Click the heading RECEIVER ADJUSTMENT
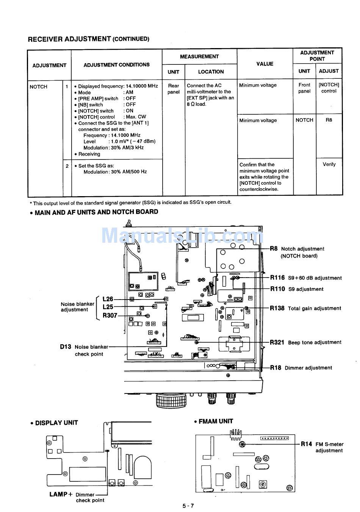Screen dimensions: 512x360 (69, 39)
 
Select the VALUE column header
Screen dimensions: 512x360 (265, 64)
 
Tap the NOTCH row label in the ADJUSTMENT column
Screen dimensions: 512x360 (39, 87)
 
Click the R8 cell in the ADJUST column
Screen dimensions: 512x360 (329, 120)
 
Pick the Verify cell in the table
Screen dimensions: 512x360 (329, 164)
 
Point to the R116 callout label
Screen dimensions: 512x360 (277, 278)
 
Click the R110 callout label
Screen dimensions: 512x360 (277, 289)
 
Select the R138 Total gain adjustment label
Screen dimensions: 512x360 (305, 308)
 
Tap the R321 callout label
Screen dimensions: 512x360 (277, 342)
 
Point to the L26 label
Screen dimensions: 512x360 (108, 299)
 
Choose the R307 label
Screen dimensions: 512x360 (110, 315)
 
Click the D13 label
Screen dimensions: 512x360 (65, 347)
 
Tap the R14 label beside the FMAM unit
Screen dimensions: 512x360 (307, 444)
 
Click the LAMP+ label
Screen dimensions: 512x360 (61, 494)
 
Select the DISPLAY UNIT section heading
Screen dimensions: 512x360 (56, 423)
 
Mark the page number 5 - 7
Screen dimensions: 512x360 (188, 506)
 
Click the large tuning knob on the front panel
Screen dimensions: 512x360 (172, 400)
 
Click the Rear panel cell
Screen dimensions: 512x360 (174, 89)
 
